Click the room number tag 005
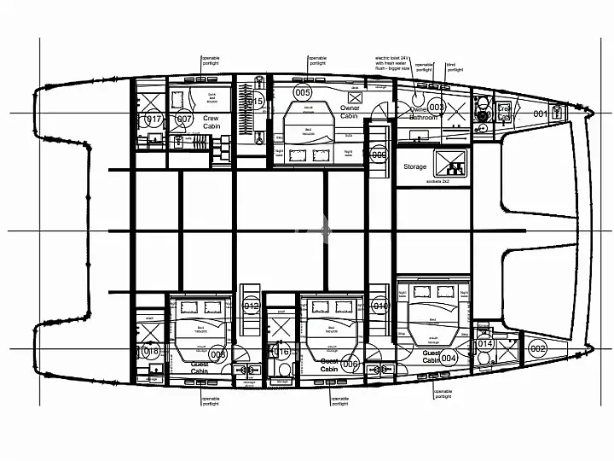302,91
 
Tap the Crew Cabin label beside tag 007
211,121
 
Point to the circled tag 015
254,102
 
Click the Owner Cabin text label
350,112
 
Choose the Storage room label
415,167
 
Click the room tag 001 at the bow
540,114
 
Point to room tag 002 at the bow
537,348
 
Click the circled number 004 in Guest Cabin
449,358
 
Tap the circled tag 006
349,364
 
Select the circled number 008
217,354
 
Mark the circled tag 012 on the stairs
252,306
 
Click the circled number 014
484,343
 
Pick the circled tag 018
152,352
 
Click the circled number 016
281,351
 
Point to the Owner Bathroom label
423,113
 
